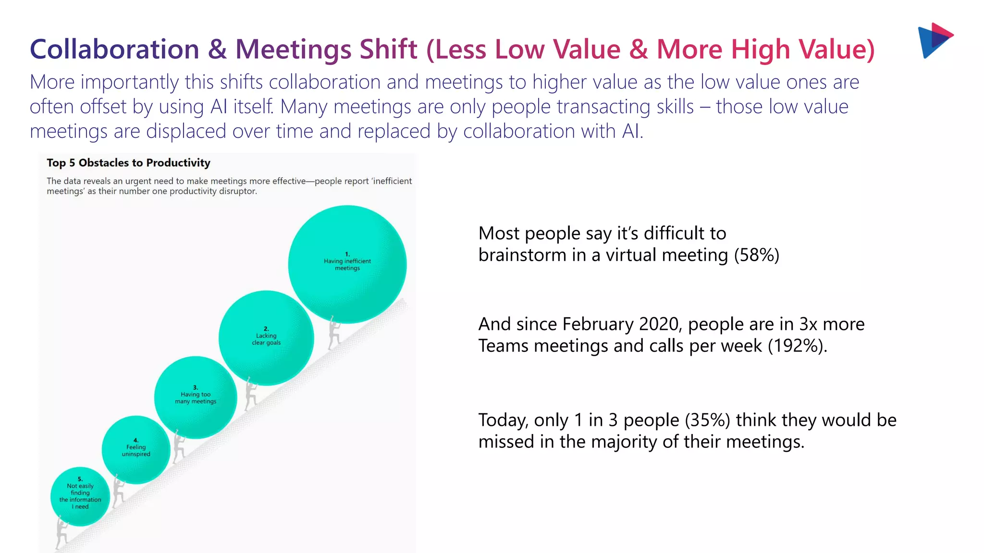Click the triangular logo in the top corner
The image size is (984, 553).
[935, 40]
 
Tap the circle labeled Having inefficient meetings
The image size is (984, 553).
[347, 264]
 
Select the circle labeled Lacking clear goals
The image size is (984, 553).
[266, 338]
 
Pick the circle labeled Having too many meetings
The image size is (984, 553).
[195, 397]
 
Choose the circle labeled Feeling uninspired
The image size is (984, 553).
[136, 449]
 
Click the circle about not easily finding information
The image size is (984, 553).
[80, 496]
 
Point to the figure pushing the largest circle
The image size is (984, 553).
[334, 333]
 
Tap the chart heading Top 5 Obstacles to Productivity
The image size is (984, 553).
[128, 163]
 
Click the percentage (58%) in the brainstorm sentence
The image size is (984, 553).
[756, 255]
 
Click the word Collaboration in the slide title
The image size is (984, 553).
[114, 49]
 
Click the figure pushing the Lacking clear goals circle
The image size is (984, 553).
[250, 393]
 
